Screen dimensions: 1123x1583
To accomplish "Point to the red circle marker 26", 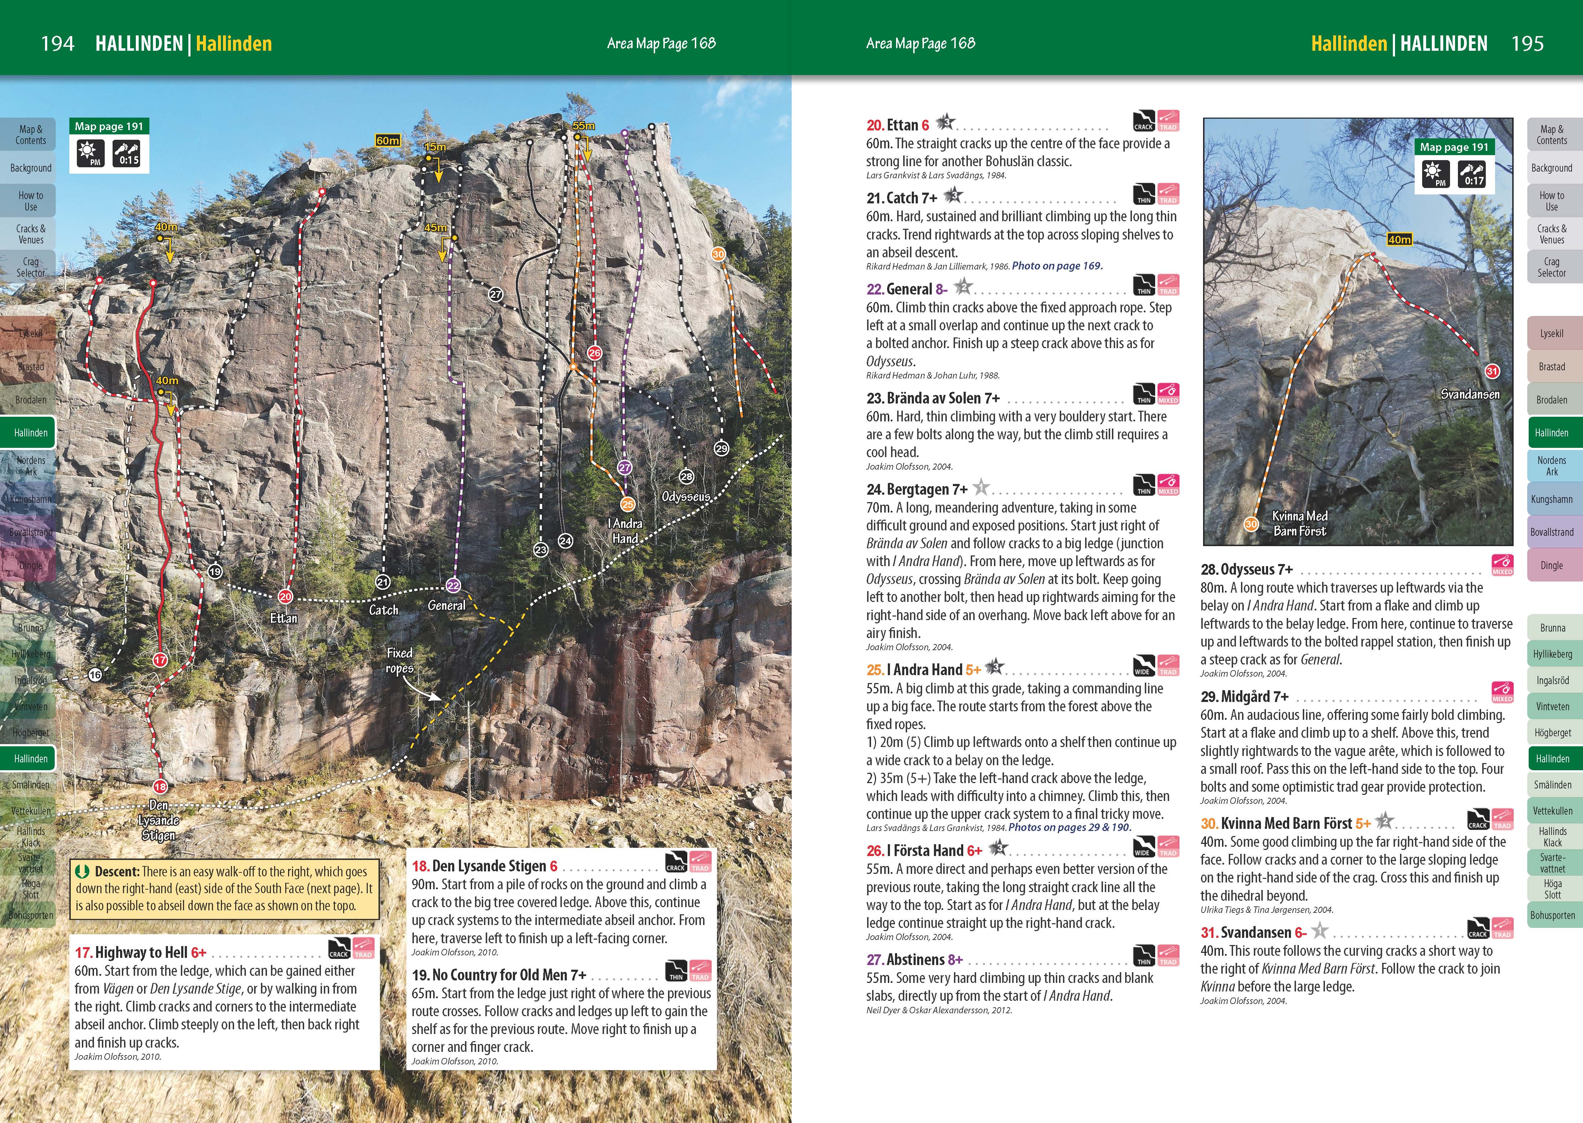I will [594, 353].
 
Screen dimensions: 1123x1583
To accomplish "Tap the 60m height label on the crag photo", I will [387, 140].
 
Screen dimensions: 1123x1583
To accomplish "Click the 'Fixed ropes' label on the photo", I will [400, 661].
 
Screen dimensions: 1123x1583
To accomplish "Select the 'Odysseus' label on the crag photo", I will [685, 496].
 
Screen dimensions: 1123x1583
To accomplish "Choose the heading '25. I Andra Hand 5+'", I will [923, 669].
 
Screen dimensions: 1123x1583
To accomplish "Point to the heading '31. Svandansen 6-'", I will [1253, 932].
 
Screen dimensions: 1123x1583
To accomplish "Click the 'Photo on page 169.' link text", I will [1057, 266].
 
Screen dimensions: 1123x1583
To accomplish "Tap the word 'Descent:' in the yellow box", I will [117, 872].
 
